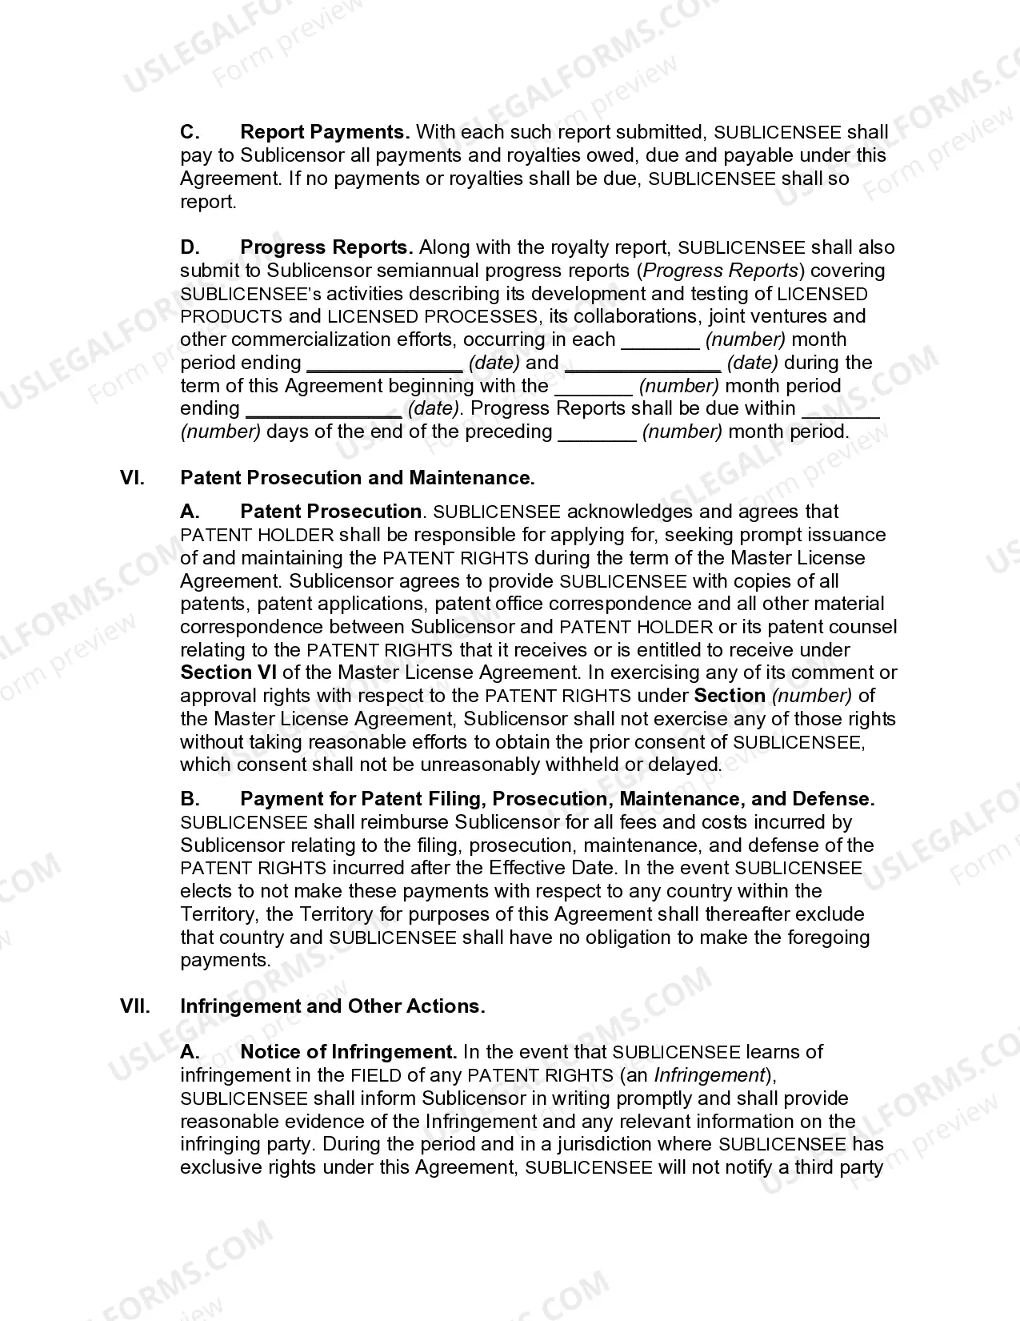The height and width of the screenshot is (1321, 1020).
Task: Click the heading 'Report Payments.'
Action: [x=325, y=132]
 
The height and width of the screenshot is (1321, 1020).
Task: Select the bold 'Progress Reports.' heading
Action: [x=326, y=247]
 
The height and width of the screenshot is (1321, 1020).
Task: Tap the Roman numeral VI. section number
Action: [x=132, y=478]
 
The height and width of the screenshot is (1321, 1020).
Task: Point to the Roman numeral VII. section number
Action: [x=135, y=1006]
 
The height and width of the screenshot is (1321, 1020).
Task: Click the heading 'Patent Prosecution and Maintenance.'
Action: [x=358, y=478]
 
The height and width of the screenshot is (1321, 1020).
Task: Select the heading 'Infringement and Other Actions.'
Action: [x=333, y=1006]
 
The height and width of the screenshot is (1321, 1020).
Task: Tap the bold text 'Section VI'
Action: [x=228, y=673]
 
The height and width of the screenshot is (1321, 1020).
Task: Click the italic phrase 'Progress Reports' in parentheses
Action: [x=721, y=271]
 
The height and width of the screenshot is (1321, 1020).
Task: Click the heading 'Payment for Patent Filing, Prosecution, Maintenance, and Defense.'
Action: [x=557, y=799]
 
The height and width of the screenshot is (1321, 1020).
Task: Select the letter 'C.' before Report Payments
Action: [x=190, y=132]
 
